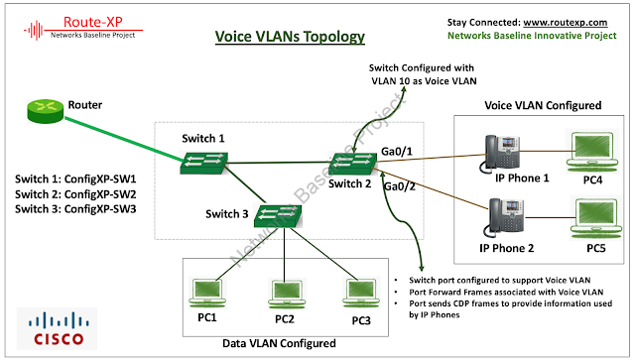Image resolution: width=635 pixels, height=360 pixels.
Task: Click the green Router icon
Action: (46, 110)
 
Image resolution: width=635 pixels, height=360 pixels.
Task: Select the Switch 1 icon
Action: (203, 163)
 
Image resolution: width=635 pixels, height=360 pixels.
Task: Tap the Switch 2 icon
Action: (352, 164)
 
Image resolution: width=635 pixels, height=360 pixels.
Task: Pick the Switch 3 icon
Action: (278, 216)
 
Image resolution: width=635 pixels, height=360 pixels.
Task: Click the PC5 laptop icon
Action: (596, 218)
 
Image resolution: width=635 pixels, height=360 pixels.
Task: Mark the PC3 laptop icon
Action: (361, 294)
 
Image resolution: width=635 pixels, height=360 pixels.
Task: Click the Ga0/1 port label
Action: (397, 152)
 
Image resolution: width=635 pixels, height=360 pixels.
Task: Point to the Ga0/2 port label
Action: (400, 186)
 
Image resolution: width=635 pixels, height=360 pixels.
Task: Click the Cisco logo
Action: (58, 328)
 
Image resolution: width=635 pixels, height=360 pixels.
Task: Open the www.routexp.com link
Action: (566, 22)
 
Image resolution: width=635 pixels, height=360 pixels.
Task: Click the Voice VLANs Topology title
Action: (290, 37)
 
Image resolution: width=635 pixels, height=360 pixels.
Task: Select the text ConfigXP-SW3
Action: (100, 209)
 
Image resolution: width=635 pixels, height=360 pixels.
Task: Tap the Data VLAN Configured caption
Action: (279, 343)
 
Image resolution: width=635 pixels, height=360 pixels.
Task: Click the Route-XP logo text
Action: (93, 22)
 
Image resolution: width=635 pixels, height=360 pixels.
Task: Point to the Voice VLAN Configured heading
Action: (543, 105)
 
